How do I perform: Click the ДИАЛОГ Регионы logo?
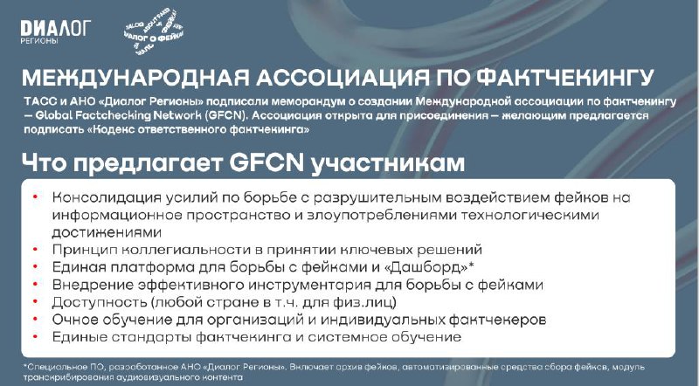click(x=56, y=32)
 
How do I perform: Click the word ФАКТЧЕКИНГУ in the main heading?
click(x=564, y=78)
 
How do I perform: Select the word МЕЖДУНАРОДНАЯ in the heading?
click(x=135, y=78)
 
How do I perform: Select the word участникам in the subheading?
click(x=387, y=163)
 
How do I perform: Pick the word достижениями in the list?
click(x=107, y=232)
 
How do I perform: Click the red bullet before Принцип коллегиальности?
click(x=35, y=249)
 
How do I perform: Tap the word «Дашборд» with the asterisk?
click(x=429, y=267)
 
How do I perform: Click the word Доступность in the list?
click(x=100, y=302)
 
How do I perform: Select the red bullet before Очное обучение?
click(x=35, y=319)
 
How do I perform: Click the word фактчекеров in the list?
click(x=497, y=320)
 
